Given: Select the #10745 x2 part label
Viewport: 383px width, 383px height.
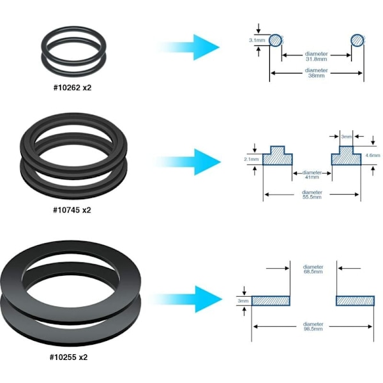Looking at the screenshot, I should tap(72, 209).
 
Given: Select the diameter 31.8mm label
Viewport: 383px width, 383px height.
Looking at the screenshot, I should tap(317, 56).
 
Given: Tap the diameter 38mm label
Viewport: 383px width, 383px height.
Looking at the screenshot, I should tap(317, 73).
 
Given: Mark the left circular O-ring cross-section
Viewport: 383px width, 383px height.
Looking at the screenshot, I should tap(274, 40).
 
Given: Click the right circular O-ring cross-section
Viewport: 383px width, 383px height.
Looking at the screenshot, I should tap(357, 40).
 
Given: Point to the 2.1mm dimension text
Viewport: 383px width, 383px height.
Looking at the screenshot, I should tap(252, 158).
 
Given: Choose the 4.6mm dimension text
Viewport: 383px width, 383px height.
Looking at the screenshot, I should tap(373, 155).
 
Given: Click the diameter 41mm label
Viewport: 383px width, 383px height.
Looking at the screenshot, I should tap(312, 175).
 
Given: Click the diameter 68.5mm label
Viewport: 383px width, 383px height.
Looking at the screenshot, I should tap(313, 269).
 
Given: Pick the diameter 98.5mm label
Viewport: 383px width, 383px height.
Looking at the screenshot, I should tap(313, 326).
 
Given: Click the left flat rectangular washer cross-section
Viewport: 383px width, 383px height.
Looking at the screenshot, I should tap(271, 300).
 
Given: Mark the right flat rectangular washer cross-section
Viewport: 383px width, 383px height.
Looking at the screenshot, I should tap(355, 300).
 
